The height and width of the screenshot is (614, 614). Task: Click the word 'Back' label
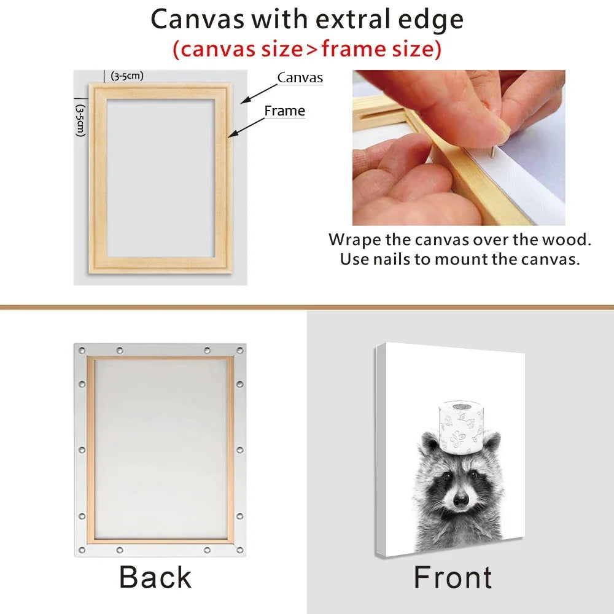click(155, 577)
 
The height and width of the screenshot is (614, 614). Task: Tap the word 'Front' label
click(453, 577)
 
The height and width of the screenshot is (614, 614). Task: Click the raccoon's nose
click(460, 499)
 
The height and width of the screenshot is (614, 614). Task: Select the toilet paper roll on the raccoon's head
click(461, 427)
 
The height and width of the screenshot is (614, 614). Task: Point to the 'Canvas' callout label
click(300, 77)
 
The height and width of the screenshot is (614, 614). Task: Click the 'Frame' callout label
click(285, 111)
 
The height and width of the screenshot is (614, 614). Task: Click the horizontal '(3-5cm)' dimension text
click(127, 76)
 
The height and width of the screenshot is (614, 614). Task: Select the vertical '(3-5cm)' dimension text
click(80, 120)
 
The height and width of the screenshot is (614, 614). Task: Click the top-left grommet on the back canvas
click(82, 350)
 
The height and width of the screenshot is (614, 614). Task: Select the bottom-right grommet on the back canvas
click(239, 550)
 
